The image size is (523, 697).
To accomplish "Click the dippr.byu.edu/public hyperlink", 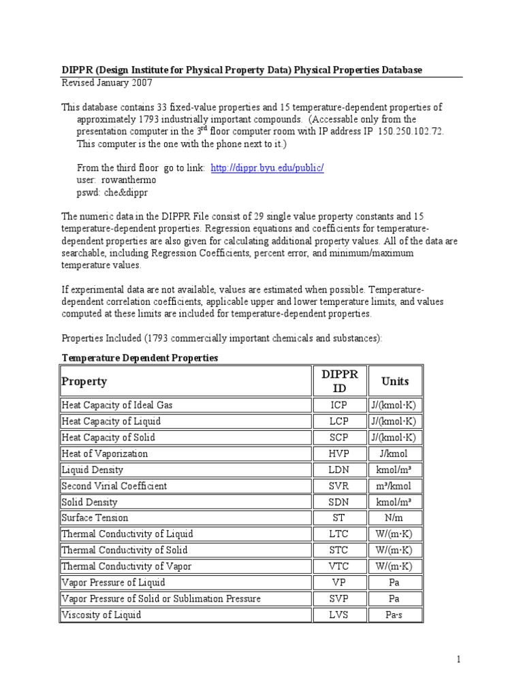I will (267, 168).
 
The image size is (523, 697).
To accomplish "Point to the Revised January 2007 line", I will (107, 83).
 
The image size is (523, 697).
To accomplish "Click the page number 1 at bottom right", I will (459, 660).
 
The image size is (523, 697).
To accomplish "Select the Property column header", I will (84, 381).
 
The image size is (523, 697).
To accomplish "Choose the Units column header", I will (395, 381).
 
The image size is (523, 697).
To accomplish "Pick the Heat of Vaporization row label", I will (104, 453).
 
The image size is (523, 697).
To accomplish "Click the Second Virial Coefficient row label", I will (114, 486).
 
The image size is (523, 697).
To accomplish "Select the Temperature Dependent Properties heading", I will (140, 358).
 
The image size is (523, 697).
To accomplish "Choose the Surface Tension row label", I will (95, 518).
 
